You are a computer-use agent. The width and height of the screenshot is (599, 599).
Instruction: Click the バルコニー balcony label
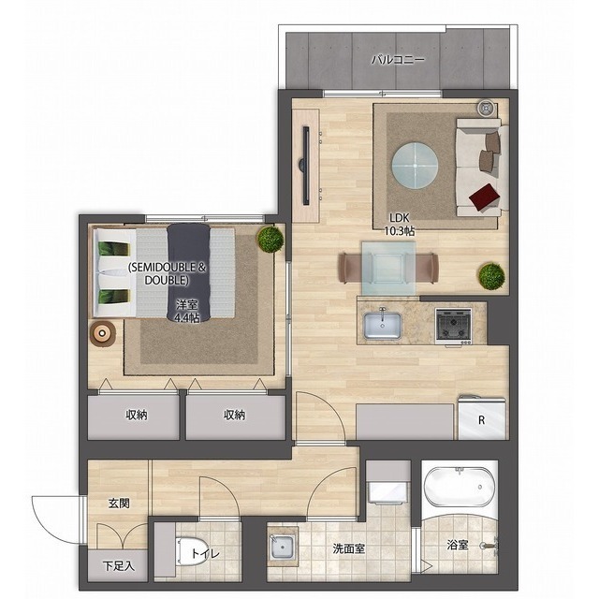click(398, 60)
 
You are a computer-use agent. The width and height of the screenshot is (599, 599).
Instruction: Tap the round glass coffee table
click(416, 166)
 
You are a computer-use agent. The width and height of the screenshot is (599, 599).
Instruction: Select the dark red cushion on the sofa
click(485, 197)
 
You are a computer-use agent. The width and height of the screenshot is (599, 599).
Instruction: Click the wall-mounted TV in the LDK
click(306, 166)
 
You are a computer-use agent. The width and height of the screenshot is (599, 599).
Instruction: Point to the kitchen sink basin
click(382, 326)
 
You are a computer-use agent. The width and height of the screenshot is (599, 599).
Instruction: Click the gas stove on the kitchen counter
click(453, 326)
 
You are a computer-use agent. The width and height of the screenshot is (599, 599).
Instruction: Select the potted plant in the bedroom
click(270, 240)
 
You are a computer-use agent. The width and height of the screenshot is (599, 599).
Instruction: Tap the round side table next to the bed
click(102, 333)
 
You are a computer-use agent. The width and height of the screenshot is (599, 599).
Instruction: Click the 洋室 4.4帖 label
click(187, 311)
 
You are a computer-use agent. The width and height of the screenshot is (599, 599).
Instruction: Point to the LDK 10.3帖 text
click(400, 225)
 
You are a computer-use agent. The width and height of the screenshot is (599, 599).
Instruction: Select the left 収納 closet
click(133, 417)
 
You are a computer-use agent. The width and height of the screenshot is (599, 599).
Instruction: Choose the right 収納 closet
click(236, 417)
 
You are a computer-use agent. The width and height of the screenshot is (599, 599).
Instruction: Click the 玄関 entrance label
click(119, 504)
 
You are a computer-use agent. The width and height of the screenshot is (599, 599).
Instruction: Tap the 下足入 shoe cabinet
click(118, 566)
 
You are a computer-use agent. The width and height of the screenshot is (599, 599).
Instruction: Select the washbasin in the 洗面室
click(283, 547)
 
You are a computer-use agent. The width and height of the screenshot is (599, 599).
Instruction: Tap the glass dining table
click(389, 269)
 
